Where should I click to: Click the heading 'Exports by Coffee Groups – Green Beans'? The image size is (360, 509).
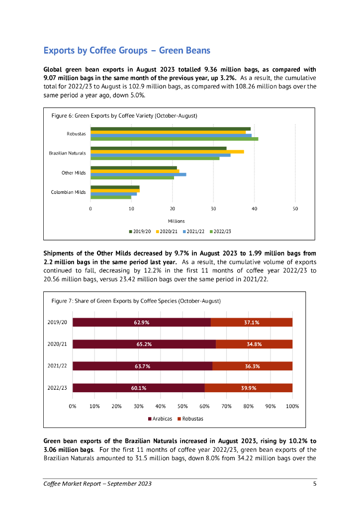pos(127,50)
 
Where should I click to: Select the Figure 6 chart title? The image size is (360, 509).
pos(124,116)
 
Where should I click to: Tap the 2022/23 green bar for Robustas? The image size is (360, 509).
pos(174,139)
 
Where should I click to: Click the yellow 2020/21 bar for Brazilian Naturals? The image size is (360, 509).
pos(167,152)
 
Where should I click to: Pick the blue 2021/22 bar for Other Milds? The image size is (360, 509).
pos(138,174)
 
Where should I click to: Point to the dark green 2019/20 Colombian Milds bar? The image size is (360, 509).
pos(115,187)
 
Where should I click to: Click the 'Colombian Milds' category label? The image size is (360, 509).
pos(69,192)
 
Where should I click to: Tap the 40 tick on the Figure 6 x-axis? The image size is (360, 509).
pos(254,209)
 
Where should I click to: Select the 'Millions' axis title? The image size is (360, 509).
pos(176,221)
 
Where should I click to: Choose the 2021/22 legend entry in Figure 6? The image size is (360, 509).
pos(195,232)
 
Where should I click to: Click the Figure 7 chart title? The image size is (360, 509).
pos(136,301)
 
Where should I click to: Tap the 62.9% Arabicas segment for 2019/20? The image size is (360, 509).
pos(142,322)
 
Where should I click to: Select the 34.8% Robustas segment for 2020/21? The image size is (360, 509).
pos(254,344)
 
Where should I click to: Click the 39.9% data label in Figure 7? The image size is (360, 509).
pos(249,388)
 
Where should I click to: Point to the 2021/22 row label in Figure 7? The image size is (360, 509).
pos(57,366)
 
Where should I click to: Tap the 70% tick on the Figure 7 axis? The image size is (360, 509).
pos(226,406)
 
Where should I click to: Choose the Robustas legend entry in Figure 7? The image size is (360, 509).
pos(190,419)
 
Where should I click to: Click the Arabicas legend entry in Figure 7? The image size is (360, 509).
pos(160,419)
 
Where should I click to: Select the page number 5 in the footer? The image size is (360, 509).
pos(314,484)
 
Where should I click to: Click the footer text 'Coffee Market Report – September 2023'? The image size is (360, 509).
pos(97,484)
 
